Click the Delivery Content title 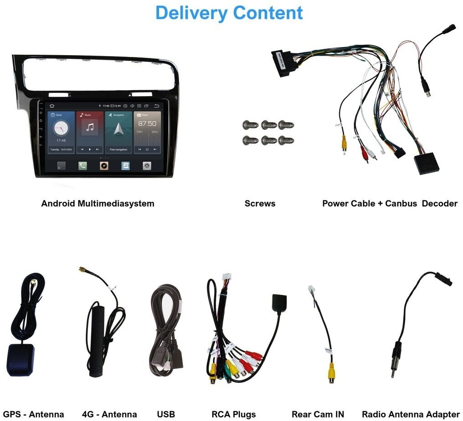(229, 13)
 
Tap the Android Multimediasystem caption (98, 204)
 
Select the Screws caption (260, 204)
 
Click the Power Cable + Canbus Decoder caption (390, 204)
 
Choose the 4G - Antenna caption (109, 414)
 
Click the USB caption (166, 414)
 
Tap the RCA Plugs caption (233, 414)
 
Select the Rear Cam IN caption (318, 414)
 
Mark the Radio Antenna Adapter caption (411, 414)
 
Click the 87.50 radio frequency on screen (147, 124)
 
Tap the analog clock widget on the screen (61, 128)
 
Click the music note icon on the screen (90, 128)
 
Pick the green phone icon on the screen (82, 166)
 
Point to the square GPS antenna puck (21, 359)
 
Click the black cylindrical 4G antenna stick (97, 341)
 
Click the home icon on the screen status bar (51, 106)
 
